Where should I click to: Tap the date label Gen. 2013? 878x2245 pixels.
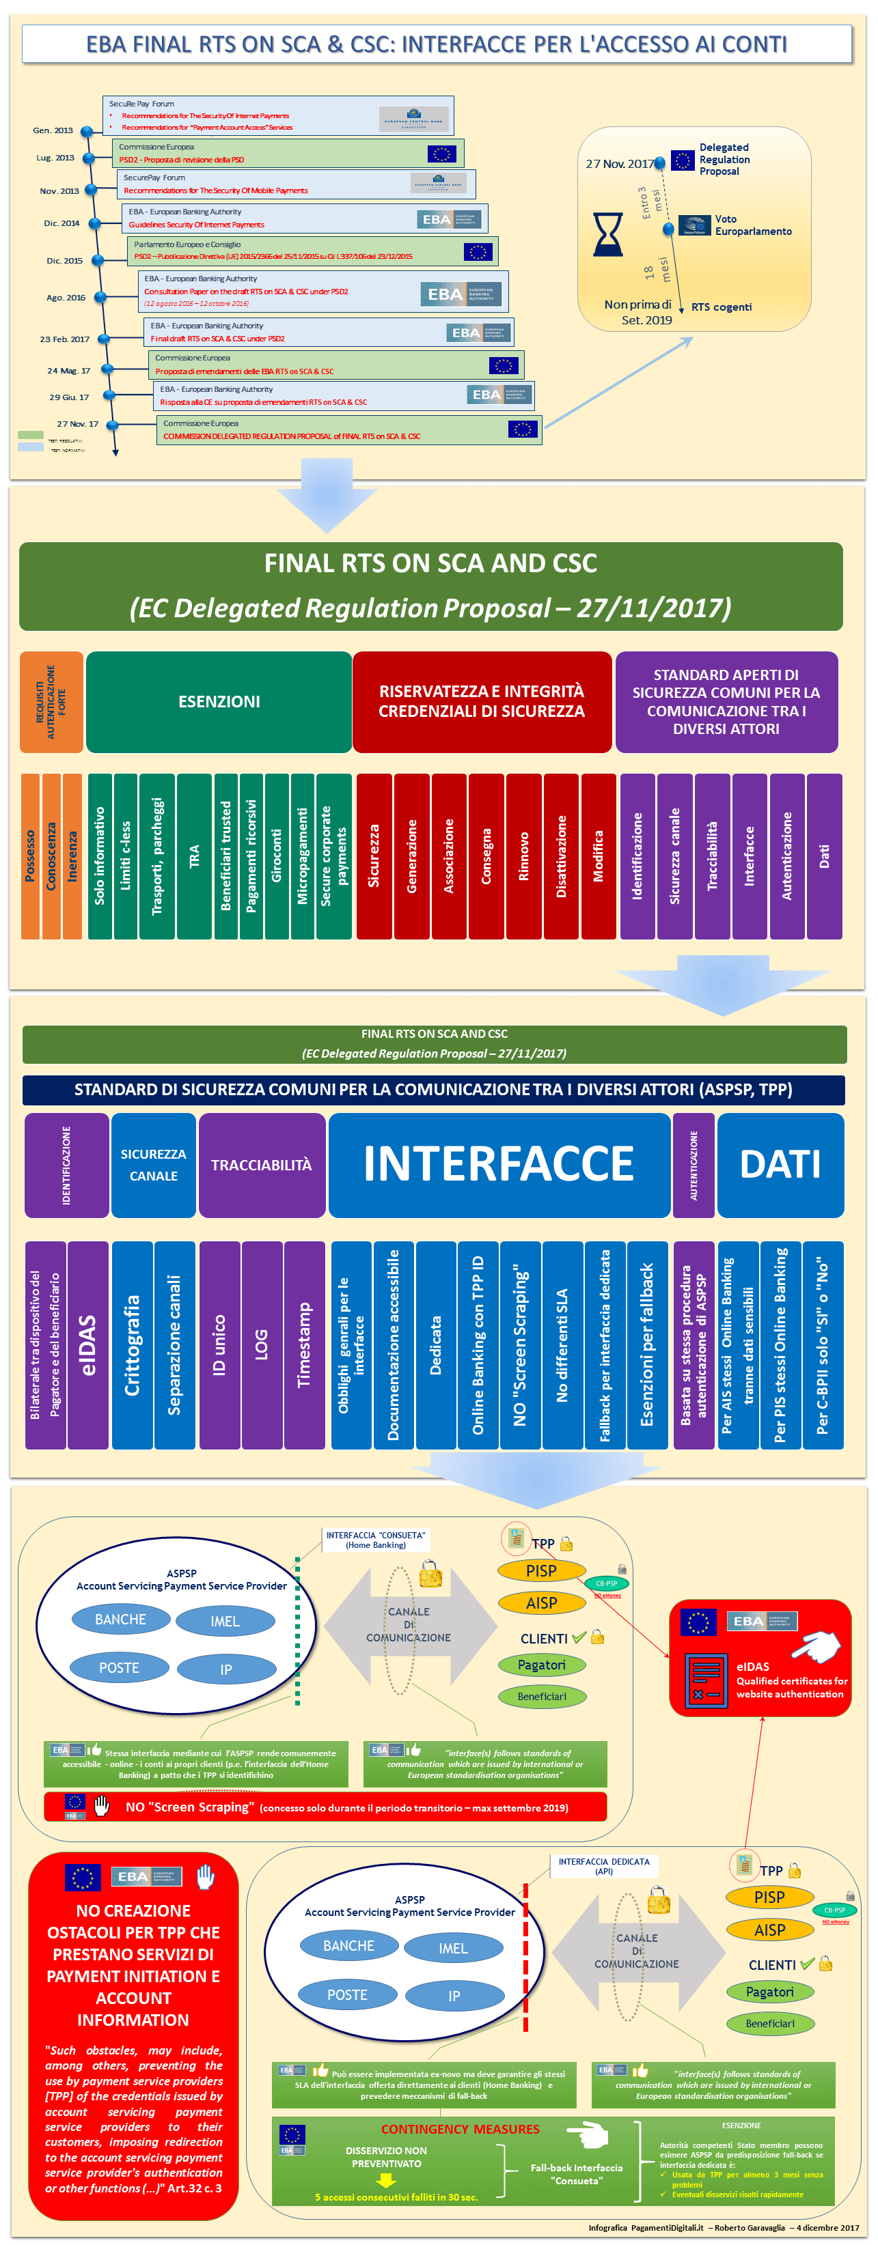coord(53,130)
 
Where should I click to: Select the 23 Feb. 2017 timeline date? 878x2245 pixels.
coord(64,339)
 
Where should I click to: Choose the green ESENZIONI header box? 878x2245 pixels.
coord(219,702)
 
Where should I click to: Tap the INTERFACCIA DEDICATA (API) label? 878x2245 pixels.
coord(603,1866)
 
